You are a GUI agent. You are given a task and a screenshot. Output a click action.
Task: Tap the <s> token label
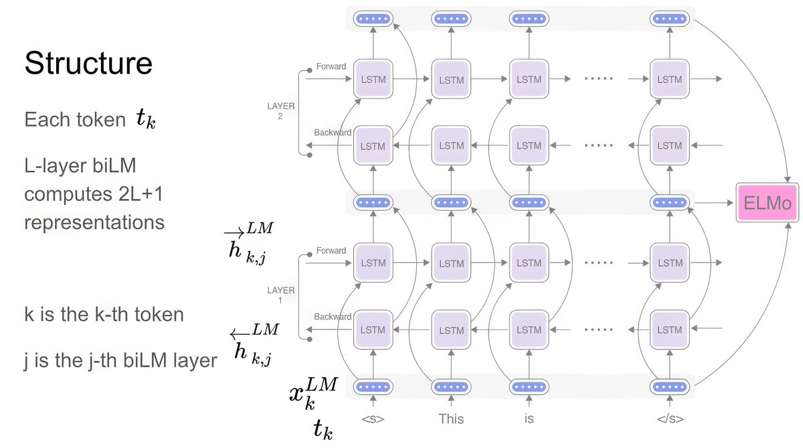coord(373,419)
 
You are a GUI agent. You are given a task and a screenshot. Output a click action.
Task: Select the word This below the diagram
coord(451,419)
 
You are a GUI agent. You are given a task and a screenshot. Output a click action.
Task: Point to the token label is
coord(529,419)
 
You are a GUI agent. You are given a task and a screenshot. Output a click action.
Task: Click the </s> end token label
coord(669,419)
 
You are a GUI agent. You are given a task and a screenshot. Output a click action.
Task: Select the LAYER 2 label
coord(280,111)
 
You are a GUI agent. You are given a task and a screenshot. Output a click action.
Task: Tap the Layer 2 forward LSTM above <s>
coord(373,79)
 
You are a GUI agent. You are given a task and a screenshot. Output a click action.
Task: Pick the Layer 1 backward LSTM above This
coord(451,330)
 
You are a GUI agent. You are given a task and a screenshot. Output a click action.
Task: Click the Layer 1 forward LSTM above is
coord(529,263)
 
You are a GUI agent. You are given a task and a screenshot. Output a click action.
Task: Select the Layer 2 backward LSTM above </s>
coord(669,145)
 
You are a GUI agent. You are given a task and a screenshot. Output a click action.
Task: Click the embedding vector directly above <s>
coord(373,386)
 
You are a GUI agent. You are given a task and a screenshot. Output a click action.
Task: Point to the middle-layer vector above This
coord(451,202)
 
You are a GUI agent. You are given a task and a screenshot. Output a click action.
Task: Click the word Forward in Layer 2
coord(331,66)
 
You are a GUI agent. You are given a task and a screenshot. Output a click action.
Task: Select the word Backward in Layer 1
coord(333,317)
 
